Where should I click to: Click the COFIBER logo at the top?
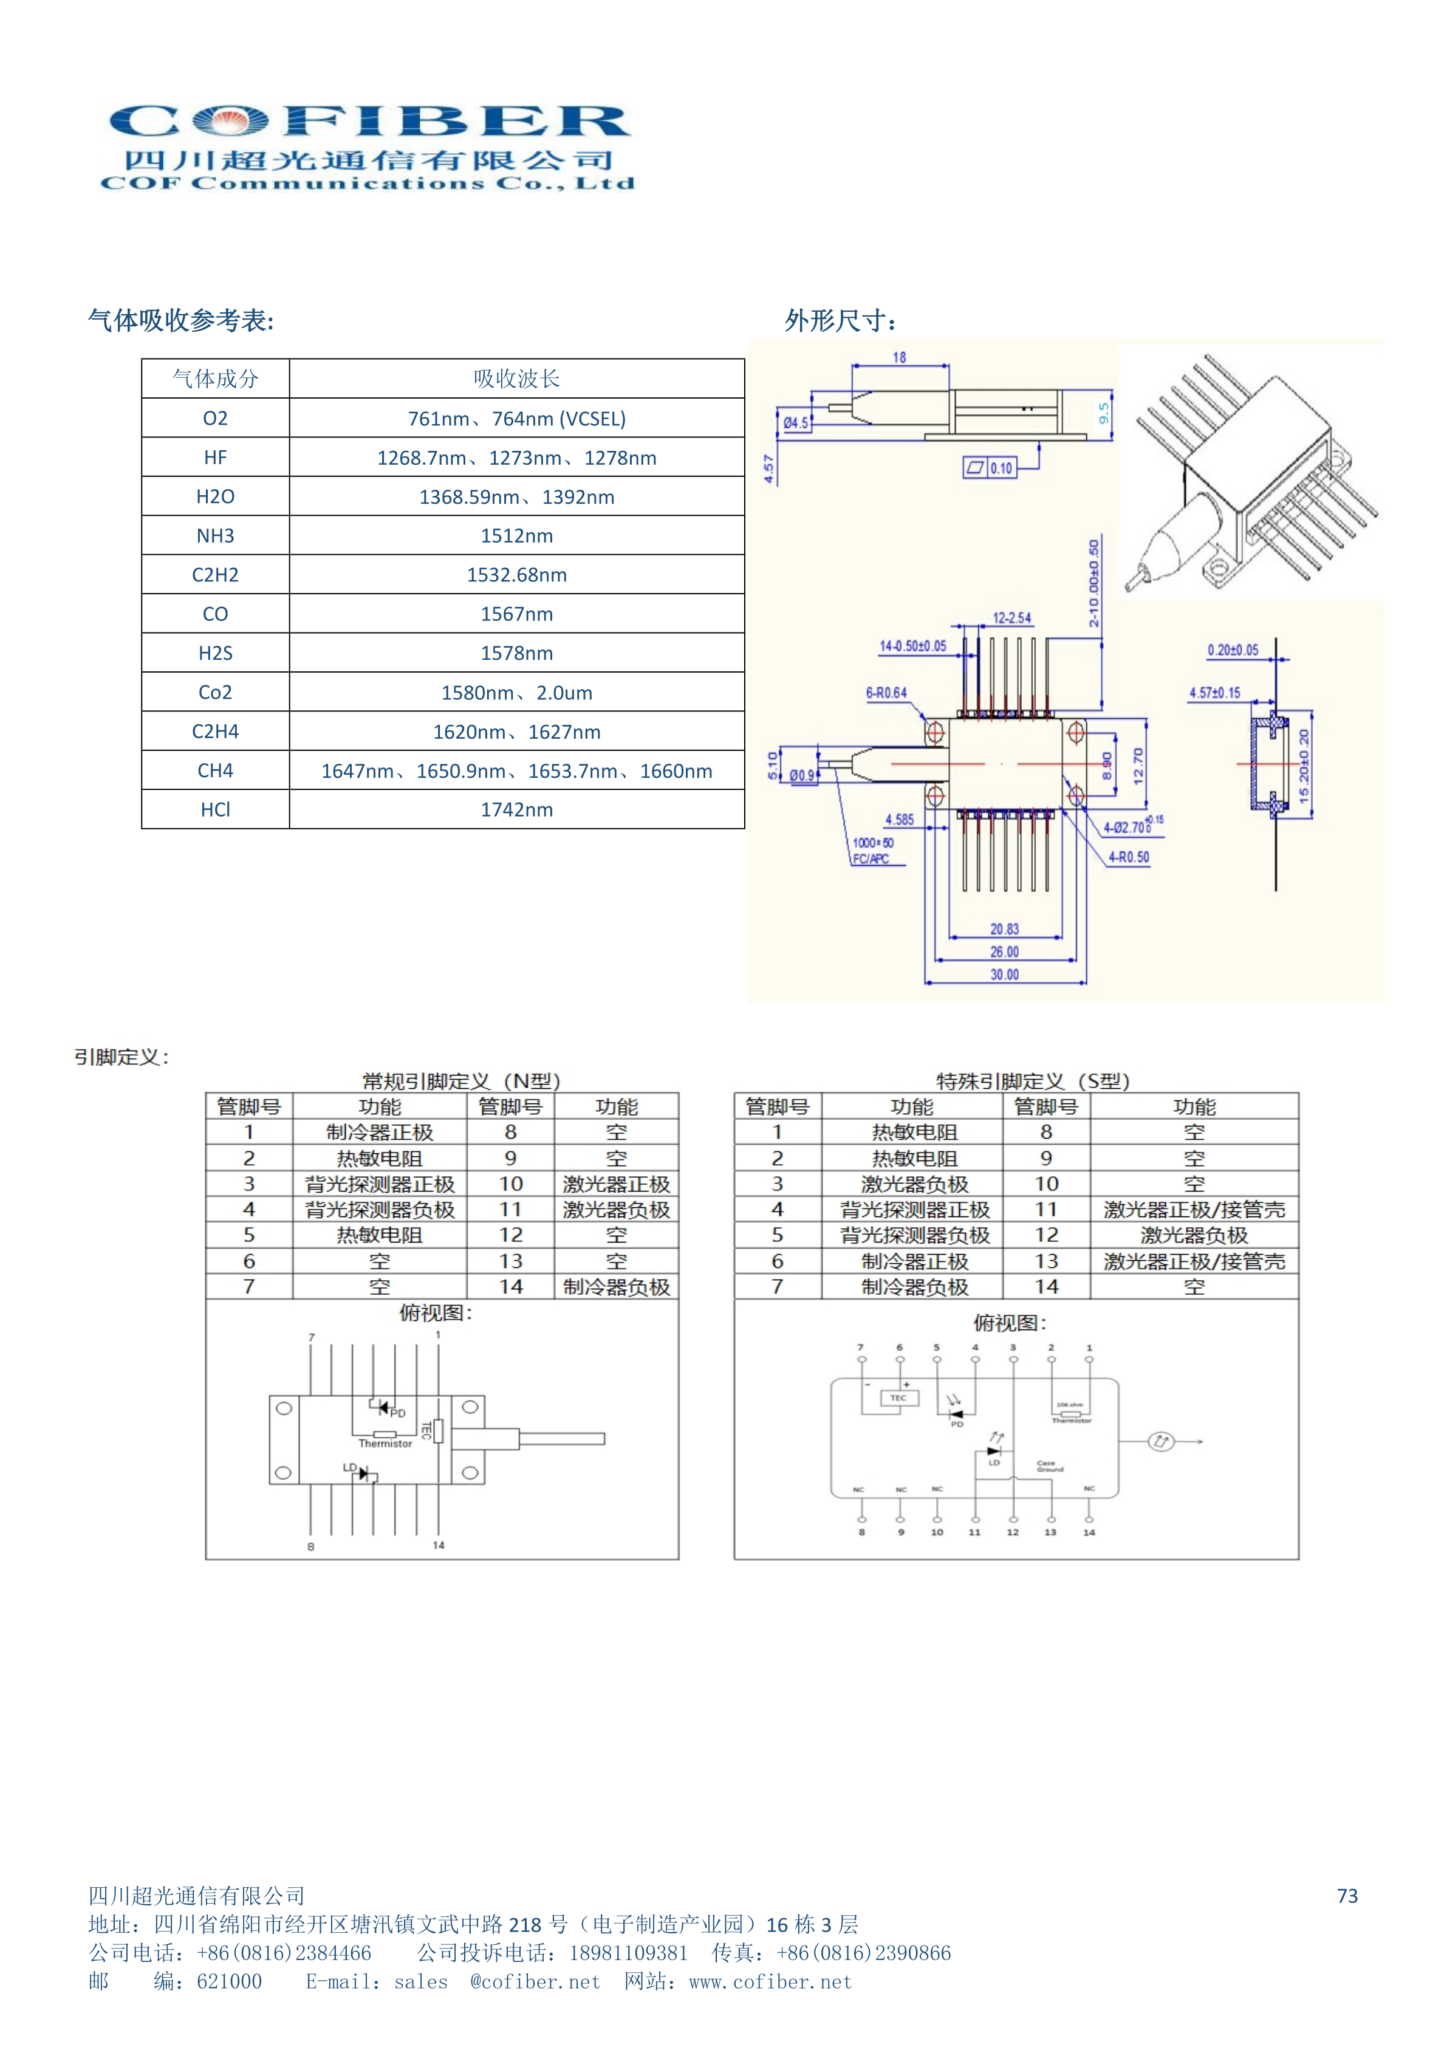click(x=368, y=146)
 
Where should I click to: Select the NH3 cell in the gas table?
click(x=215, y=536)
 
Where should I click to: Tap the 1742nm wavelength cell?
click(x=516, y=809)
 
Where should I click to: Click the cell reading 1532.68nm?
click(x=516, y=575)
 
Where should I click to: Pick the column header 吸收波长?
click(x=516, y=379)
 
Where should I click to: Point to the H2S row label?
click(x=215, y=654)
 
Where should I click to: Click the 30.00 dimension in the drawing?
click(x=1004, y=975)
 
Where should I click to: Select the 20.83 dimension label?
click(x=1004, y=929)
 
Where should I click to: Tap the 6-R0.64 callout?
click(x=886, y=693)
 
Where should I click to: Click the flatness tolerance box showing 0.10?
click(x=990, y=468)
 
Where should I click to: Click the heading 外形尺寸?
click(x=840, y=321)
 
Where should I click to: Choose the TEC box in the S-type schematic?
click(x=898, y=1398)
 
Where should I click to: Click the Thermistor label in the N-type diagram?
click(x=385, y=1444)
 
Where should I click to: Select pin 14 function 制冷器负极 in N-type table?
click(x=616, y=1286)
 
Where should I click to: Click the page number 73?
click(x=1347, y=1896)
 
